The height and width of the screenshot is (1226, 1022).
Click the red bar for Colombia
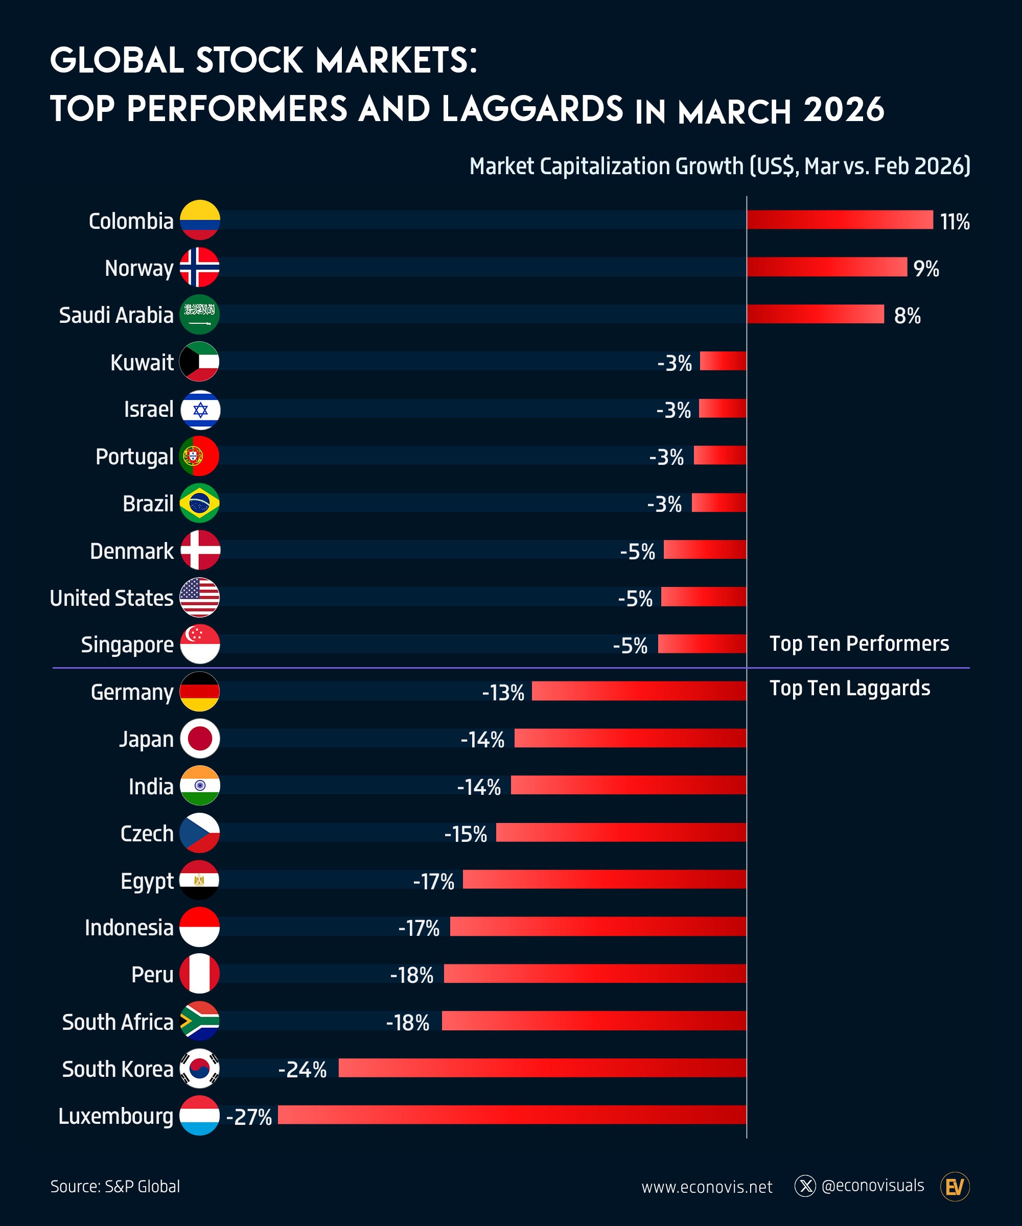840,220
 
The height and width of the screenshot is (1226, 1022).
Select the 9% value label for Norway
926,269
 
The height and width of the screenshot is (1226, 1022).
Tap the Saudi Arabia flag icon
200,315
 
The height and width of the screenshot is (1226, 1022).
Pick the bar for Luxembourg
512,1115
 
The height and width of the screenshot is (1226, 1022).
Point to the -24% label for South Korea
303,1070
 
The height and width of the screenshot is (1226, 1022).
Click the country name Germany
132,692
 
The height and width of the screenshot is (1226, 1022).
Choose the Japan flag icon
200,739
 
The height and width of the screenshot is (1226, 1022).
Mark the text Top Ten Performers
859,643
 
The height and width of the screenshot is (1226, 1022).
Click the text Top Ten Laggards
850,688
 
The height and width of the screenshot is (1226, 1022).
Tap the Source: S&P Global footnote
115,1186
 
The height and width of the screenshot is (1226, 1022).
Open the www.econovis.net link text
707,1187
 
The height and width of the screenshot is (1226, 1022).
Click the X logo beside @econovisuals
805,1186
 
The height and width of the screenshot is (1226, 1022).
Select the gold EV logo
955,1186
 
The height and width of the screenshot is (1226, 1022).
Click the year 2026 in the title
843,110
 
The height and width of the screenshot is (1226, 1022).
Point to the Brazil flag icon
200,503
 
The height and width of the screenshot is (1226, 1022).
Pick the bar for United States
704,597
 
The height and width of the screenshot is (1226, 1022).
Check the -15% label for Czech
466,834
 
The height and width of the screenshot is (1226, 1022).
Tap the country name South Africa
118,1022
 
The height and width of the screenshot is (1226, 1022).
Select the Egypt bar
605,879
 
